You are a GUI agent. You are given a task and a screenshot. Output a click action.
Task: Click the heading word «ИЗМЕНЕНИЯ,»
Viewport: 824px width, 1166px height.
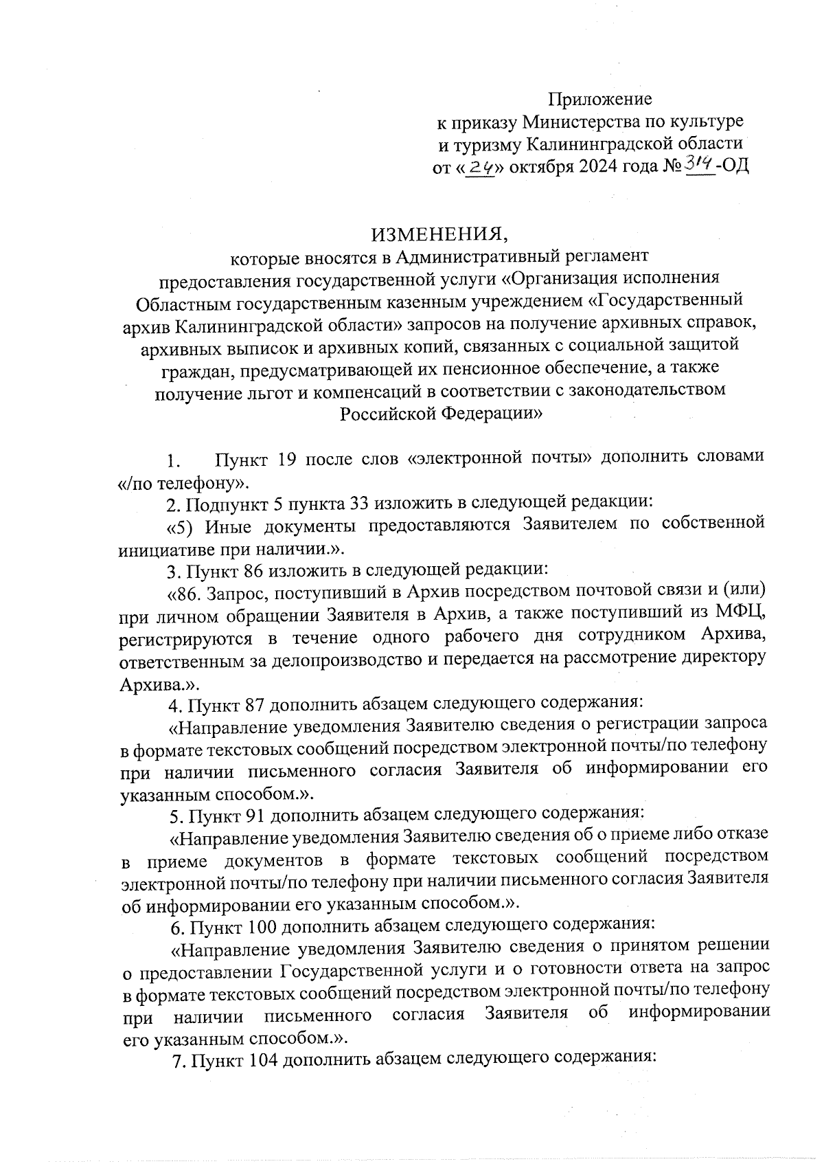point(439,234)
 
